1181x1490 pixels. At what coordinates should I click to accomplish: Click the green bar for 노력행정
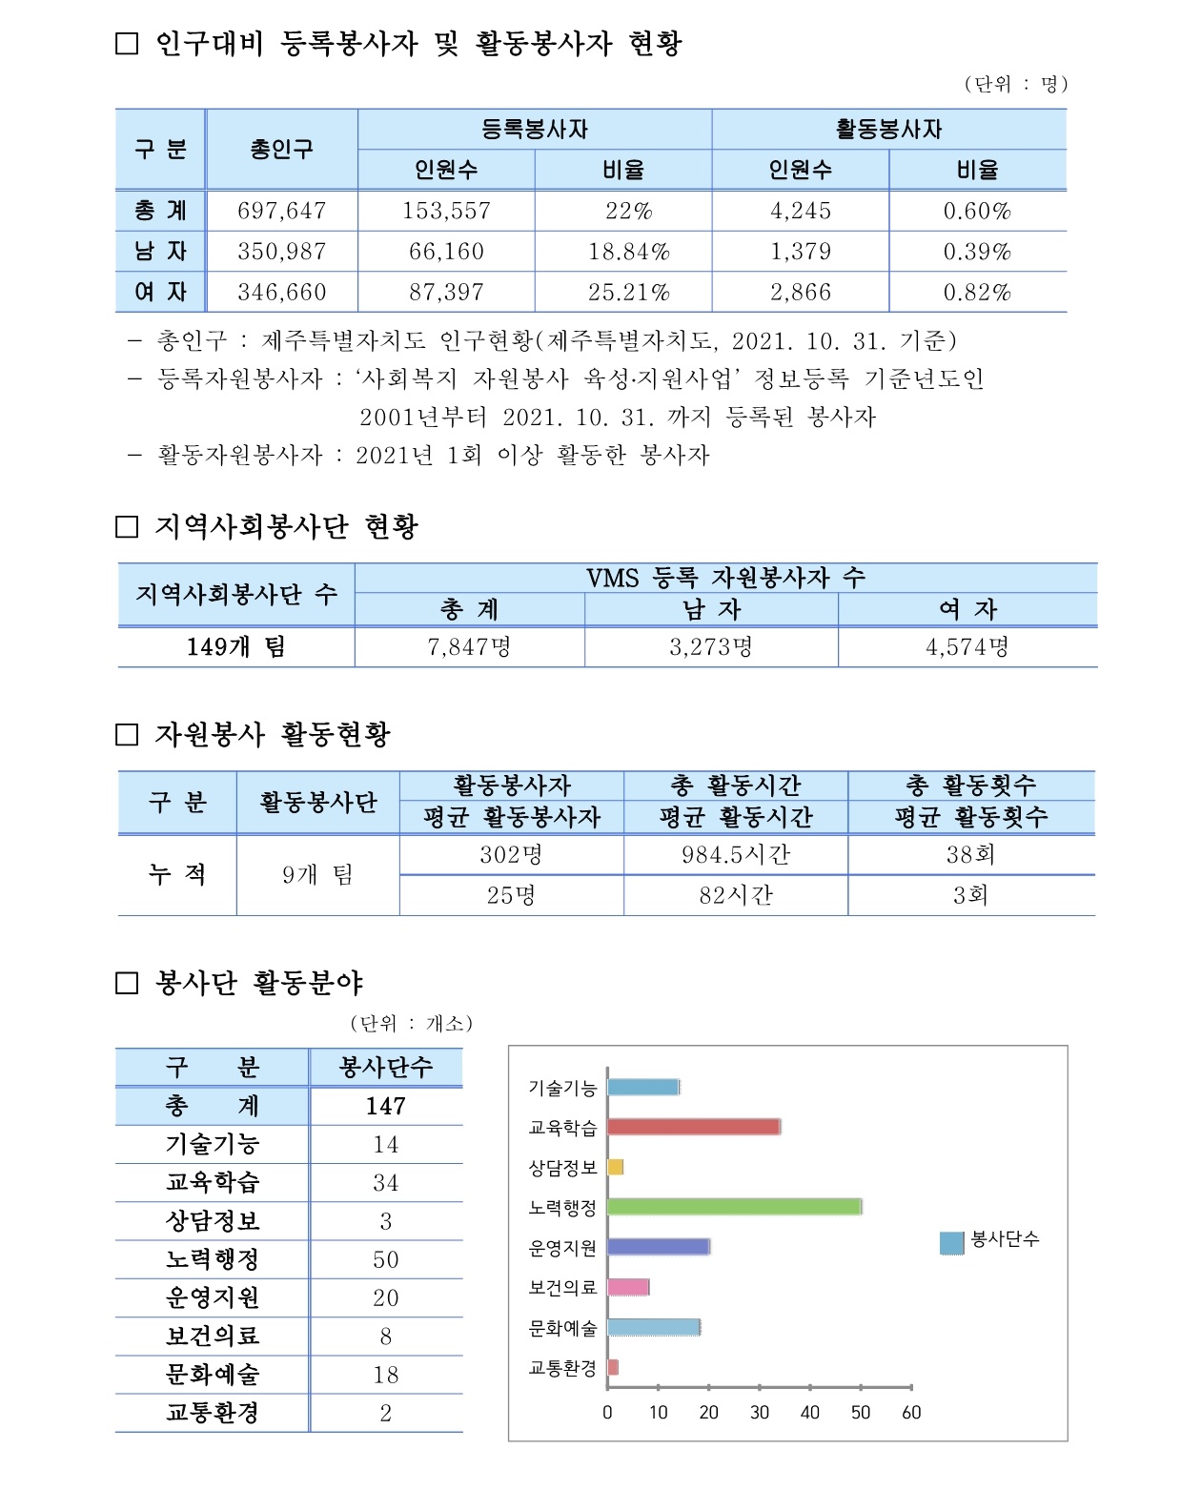pyautogui.click(x=734, y=1207)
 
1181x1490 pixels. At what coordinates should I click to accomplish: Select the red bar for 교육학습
pyautogui.click(x=693, y=1127)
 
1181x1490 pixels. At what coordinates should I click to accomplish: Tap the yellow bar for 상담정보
pyautogui.click(x=615, y=1167)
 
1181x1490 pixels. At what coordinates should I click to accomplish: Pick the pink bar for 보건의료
pyautogui.click(x=627, y=1287)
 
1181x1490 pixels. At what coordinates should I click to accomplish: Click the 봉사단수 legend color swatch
pyautogui.click(x=951, y=1242)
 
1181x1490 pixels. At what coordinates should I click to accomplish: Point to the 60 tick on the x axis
pyautogui.click(x=911, y=1413)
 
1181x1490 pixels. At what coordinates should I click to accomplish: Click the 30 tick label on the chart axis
pyautogui.click(x=760, y=1413)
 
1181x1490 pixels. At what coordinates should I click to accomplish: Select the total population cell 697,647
pyautogui.click(x=281, y=211)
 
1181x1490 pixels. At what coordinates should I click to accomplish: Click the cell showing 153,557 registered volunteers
pyautogui.click(x=446, y=211)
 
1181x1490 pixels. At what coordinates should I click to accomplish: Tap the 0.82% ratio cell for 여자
pyautogui.click(x=977, y=293)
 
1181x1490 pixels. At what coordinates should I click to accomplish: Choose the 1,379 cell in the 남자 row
pyautogui.click(x=800, y=252)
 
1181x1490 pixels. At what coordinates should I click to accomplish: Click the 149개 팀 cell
pyautogui.click(x=235, y=647)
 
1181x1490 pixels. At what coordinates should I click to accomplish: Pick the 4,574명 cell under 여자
pyautogui.click(x=967, y=647)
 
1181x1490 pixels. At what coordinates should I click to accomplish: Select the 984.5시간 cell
pyautogui.click(x=735, y=854)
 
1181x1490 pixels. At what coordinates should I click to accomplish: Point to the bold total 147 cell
pyautogui.click(x=385, y=1106)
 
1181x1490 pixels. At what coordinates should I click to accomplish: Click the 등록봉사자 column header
pyautogui.click(x=534, y=130)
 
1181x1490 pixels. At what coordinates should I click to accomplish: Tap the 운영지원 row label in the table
pyautogui.click(x=212, y=1297)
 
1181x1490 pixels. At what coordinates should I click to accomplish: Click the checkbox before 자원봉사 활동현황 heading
pyautogui.click(x=127, y=734)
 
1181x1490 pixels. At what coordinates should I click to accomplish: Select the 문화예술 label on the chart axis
pyautogui.click(x=562, y=1328)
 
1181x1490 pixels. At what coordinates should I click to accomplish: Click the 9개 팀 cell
pyautogui.click(x=317, y=875)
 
